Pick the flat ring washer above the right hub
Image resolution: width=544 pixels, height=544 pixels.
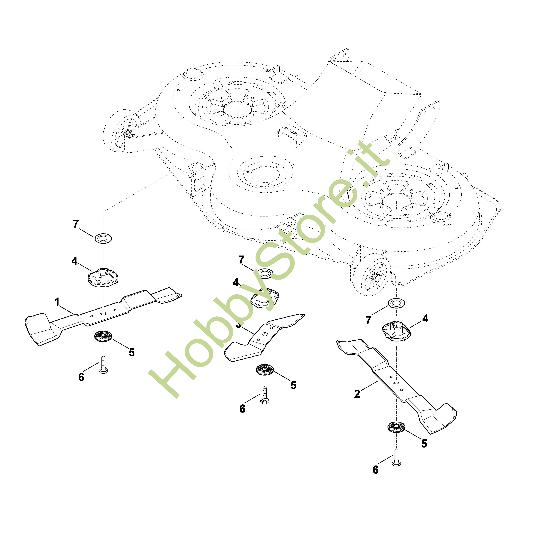coord(396,303)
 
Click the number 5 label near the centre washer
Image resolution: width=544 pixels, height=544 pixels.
coord(293,385)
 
